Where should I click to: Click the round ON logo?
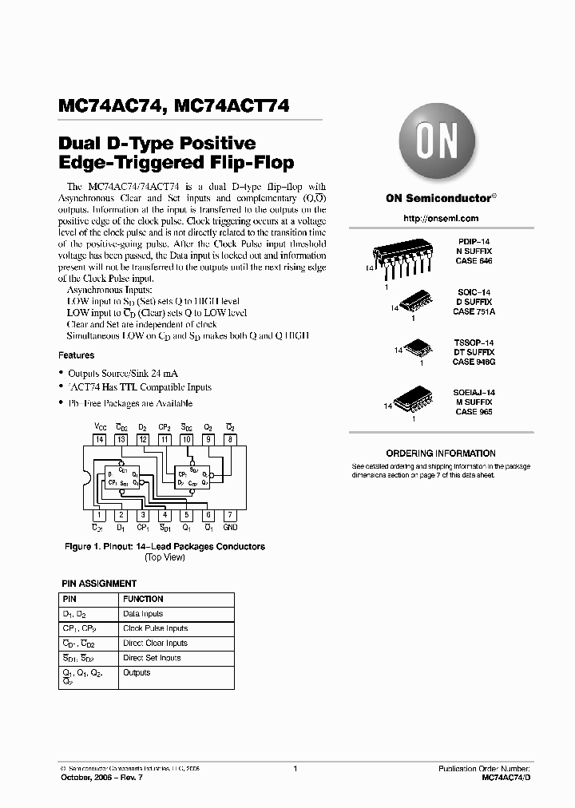[438, 145]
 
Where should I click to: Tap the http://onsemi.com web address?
[441, 218]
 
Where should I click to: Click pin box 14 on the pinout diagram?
[100, 439]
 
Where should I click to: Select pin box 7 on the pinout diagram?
[230, 515]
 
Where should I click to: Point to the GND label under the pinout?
[230, 528]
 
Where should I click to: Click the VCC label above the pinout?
[100, 427]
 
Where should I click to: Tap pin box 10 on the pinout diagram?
[186, 439]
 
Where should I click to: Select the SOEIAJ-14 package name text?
[474, 393]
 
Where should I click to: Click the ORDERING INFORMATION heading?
[441, 454]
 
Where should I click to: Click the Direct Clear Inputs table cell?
[156, 643]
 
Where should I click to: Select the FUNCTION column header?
[143, 599]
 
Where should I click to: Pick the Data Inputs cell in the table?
[143, 614]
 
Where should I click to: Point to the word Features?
[77, 355]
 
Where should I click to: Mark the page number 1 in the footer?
[295, 768]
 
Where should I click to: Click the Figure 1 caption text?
[165, 547]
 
